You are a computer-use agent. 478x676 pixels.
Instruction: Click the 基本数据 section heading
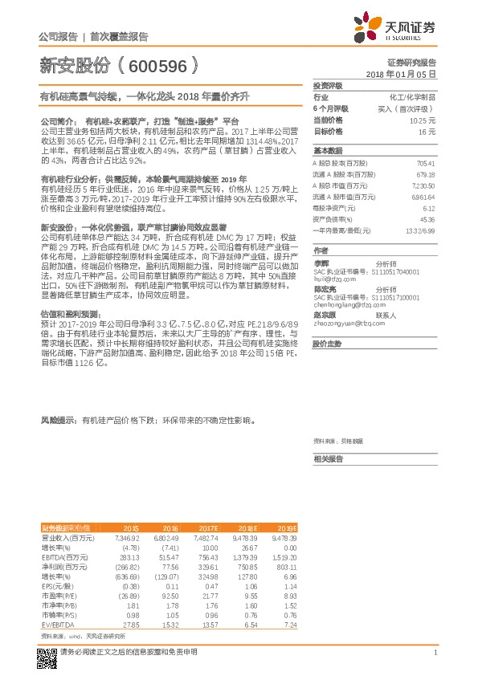point(328,151)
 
